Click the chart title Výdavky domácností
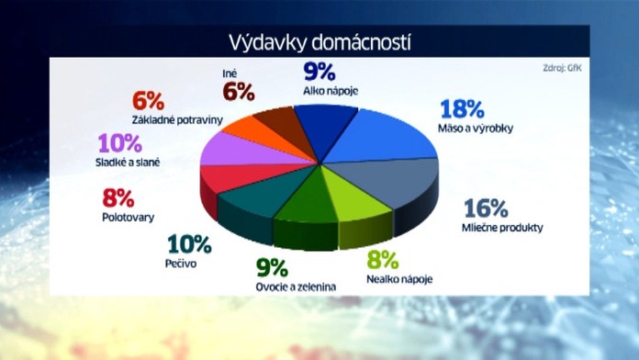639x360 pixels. click(319, 41)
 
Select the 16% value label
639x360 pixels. click(487, 208)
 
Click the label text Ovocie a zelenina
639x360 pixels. click(296, 287)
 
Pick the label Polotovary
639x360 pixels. click(128, 218)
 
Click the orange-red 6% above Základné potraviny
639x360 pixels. click(147, 99)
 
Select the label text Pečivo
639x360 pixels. click(182, 263)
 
